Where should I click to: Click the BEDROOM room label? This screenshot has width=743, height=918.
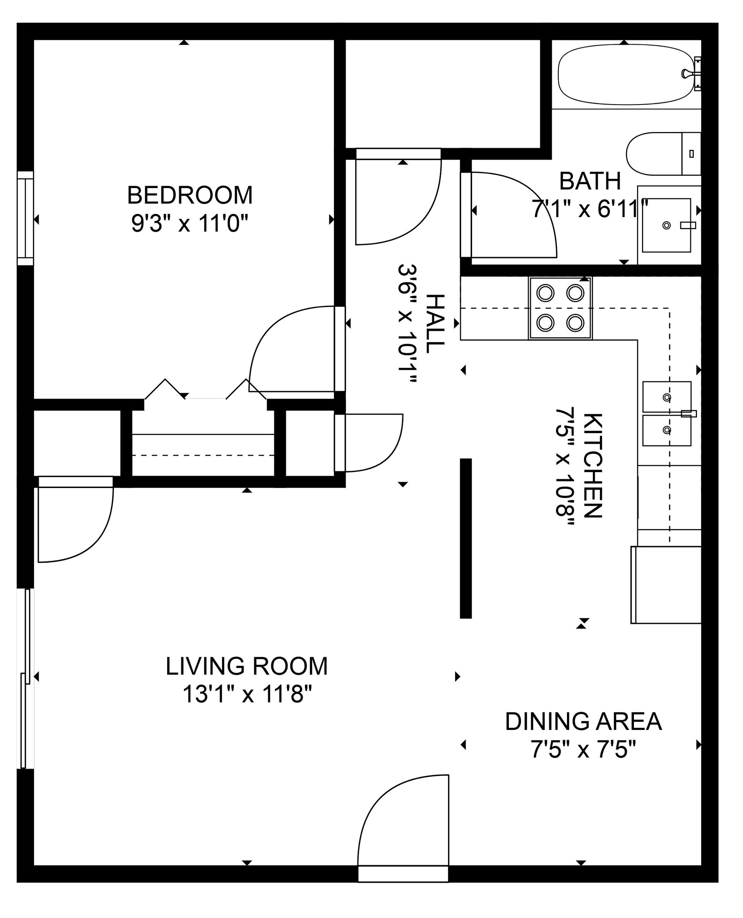point(190,195)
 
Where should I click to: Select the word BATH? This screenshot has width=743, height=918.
point(590,181)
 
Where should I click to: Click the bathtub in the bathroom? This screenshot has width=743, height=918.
point(625,76)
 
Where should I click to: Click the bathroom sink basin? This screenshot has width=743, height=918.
point(666,225)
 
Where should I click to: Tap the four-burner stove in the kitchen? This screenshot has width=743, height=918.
point(560,308)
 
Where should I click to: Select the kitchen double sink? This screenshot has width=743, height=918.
point(666,414)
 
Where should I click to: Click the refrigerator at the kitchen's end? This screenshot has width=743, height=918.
point(666,585)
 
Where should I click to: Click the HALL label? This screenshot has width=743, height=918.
point(436,324)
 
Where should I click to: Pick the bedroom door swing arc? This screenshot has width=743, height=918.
point(291,349)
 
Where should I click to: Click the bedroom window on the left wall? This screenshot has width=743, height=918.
point(25,219)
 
